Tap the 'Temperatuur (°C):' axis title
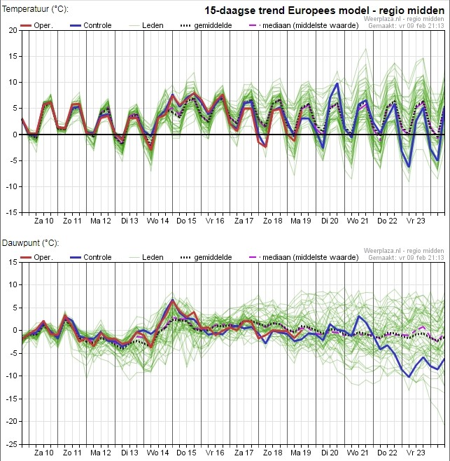[35, 9]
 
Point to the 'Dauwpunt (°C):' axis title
[31, 243]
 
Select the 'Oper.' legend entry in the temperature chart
[36, 26]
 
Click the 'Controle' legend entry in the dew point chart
[91, 257]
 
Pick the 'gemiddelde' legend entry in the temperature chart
[206, 26]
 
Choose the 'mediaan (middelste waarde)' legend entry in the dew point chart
[304, 257]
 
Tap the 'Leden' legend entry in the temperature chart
[146, 26]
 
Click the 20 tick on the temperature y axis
[13, 30]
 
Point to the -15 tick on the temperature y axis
[11, 212]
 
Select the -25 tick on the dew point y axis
[11, 444]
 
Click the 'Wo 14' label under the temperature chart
[157, 221]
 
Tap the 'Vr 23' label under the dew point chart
[415, 453]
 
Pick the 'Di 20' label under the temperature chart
[330, 221]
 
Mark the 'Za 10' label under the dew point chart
[44, 453]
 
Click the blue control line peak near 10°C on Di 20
[337, 83]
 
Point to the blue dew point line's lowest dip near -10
[409, 377]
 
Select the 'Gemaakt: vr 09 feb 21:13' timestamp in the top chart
[406, 26]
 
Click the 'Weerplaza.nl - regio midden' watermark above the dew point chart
[404, 251]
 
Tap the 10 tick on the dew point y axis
[13, 284]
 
